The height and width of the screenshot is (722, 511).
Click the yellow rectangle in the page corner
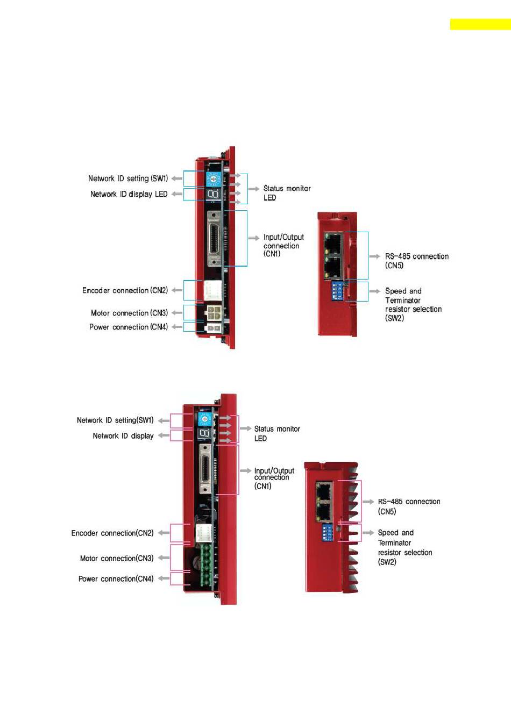coord(480,25)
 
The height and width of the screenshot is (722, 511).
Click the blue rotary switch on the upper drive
coord(214,179)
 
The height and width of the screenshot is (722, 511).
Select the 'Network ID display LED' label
coord(129,195)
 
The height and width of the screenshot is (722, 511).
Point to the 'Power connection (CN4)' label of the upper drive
coord(129,327)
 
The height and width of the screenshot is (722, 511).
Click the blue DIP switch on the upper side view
coord(337,291)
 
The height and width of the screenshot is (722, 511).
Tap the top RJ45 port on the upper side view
coord(333,243)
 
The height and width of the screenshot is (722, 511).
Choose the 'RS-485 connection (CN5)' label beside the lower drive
coord(409,506)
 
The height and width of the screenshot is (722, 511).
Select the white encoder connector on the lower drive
coord(203,533)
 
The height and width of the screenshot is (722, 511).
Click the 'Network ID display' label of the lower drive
coord(123,436)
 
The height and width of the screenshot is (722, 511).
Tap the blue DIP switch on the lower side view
coord(327,532)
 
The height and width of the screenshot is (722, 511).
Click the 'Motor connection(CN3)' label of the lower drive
coord(117,558)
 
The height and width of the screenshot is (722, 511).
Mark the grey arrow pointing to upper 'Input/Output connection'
coord(254,238)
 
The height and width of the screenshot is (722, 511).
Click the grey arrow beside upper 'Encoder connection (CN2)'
coord(176,290)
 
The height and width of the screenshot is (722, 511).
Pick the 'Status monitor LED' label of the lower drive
coord(277,433)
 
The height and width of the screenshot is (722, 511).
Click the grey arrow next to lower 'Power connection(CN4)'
coord(164,578)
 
